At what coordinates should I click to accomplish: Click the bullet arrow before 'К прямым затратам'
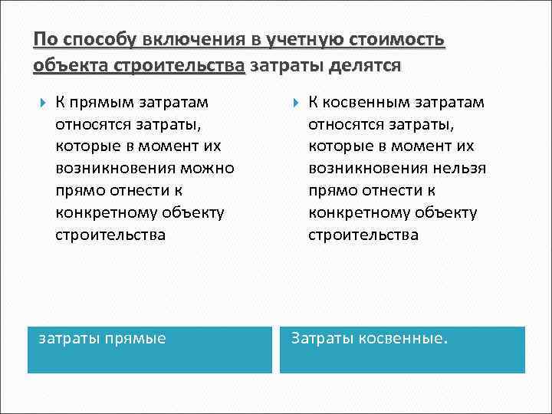(x=40, y=103)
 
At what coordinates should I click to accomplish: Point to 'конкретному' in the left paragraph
(x=99, y=212)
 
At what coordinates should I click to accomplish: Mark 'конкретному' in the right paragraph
(x=352, y=212)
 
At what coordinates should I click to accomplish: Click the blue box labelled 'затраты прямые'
(x=149, y=350)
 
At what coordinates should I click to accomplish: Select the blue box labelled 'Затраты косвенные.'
(x=402, y=350)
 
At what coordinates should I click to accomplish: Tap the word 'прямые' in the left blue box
(x=138, y=337)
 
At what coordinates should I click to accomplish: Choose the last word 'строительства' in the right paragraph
(x=363, y=235)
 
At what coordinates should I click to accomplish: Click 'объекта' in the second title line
(x=71, y=65)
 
